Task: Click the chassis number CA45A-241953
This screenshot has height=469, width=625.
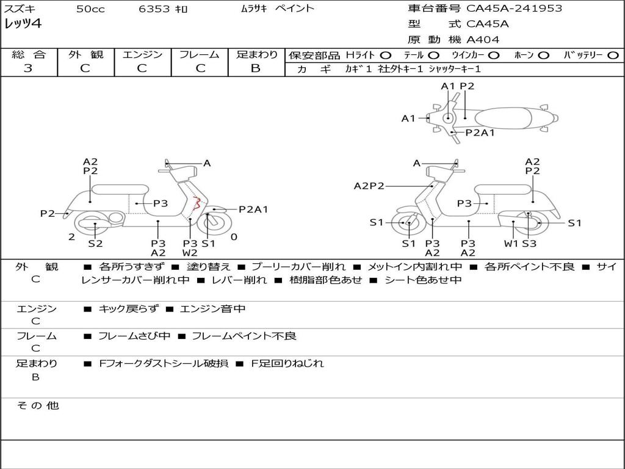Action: pos(514,9)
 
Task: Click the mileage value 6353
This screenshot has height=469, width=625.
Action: pos(155,9)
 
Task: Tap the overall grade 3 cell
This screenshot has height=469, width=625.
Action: pos(28,68)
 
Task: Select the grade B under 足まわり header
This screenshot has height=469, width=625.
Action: pos(256,68)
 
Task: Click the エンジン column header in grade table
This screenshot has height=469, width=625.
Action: pos(142,55)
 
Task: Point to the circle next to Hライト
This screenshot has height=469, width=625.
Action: pos(386,56)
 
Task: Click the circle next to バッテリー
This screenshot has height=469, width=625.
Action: pos(612,56)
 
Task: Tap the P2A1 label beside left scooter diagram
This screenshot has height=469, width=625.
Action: pos(253,209)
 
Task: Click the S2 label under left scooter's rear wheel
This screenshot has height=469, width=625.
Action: pos(95,244)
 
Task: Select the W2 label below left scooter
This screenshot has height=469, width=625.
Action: pos(190,253)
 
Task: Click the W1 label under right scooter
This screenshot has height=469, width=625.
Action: pos(511,244)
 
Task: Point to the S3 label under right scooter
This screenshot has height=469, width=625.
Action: pos(529,244)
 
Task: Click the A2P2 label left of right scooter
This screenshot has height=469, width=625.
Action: pos(369,186)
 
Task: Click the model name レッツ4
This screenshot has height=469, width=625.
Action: pos(23,24)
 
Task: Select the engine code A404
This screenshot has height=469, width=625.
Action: pos(483,40)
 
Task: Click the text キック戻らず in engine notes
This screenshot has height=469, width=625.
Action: pos(128,309)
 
